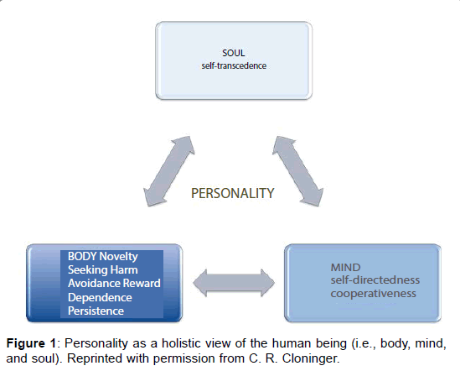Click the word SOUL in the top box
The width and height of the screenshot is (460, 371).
[x=234, y=53]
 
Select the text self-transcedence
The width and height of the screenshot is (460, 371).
[x=234, y=65]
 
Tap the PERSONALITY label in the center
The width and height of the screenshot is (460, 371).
[x=233, y=193]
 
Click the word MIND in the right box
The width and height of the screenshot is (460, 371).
[x=345, y=267]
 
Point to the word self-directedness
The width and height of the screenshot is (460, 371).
[x=375, y=280]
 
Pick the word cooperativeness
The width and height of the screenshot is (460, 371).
[x=373, y=294]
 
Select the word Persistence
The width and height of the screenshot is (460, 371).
[x=96, y=311]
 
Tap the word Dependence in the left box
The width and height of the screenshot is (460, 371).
[x=100, y=297]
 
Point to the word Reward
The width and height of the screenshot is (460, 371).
[x=142, y=283]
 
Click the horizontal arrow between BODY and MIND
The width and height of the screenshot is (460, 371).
[x=234, y=283]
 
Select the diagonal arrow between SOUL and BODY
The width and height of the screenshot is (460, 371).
[x=169, y=171]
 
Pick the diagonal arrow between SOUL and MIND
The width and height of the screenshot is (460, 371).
[x=298, y=171]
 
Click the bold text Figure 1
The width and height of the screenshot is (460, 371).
[x=31, y=343]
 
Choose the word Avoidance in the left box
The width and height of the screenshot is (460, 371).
[x=94, y=283]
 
